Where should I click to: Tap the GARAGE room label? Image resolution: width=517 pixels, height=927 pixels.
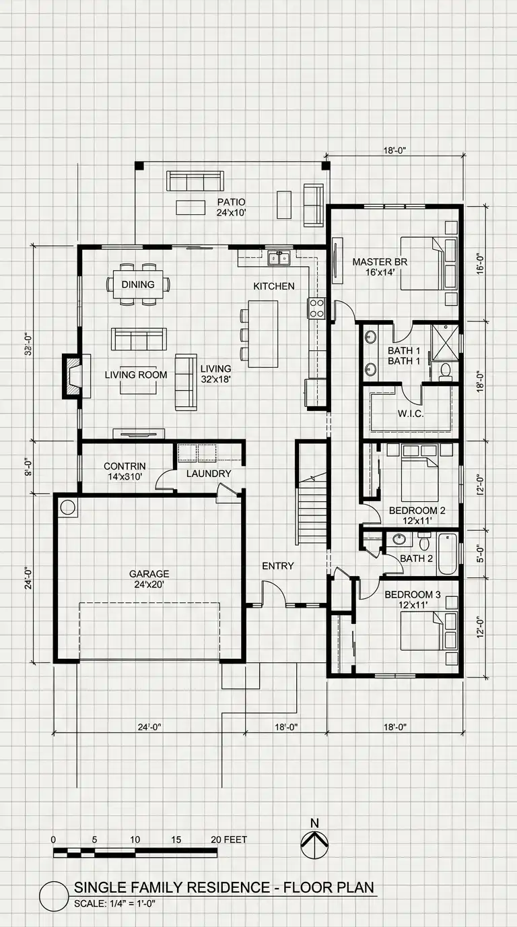[x=149, y=574]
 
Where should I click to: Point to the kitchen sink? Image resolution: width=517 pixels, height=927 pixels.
[x=279, y=257]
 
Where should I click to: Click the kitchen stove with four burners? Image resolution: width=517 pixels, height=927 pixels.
[x=317, y=309]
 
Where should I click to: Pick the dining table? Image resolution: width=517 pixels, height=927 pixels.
[x=138, y=284]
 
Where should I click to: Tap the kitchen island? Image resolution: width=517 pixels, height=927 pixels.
[x=263, y=334]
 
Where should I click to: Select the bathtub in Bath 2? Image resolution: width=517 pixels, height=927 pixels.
[x=447, y=554]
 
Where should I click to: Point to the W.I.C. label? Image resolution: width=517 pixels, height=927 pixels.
[x=410, y=414]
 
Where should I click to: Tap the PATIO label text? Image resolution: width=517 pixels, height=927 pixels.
[x=231, y=202]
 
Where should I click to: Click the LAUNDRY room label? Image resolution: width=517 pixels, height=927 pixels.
[x=209, y=474]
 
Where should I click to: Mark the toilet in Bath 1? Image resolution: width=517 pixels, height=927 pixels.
[x=446, y=371]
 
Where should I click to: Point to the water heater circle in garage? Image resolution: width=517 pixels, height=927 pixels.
[x=67, y=507]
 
